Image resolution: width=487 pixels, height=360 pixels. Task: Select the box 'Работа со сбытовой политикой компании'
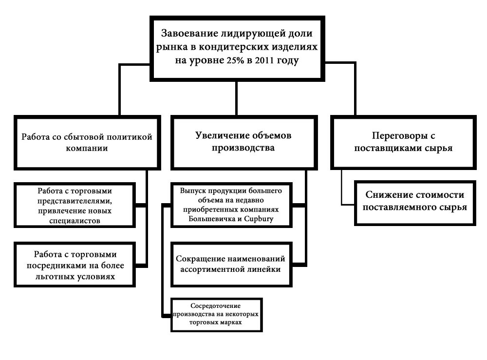(87, 142)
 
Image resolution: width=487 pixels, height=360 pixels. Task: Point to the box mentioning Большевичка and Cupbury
(230, 205)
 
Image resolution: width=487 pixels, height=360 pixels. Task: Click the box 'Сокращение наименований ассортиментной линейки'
(230, 264)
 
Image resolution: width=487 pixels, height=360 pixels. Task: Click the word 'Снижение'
(387, 195)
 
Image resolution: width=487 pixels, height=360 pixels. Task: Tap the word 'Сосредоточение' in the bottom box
(216, 305)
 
